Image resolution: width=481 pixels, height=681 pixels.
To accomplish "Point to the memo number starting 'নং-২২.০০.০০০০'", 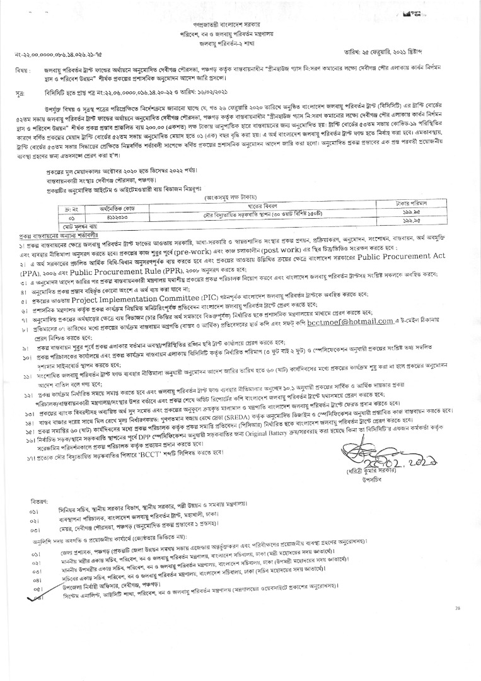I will (x=60, y=66).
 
